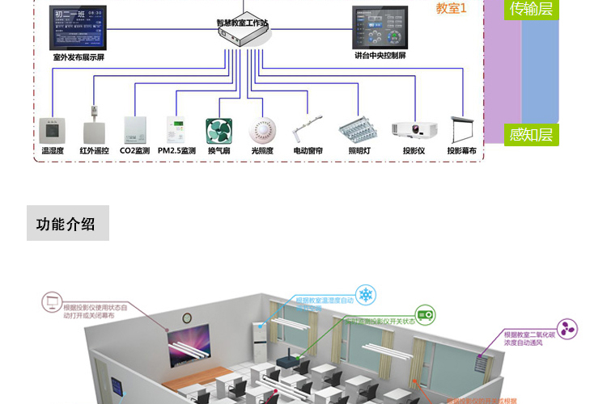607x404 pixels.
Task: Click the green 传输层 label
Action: coord(532,9)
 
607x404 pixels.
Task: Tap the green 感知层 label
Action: coord(532,134)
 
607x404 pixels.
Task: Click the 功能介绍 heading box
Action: coord(67,224)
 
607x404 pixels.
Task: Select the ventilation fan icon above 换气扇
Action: coord(219,131)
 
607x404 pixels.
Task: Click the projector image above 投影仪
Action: coord(414,130)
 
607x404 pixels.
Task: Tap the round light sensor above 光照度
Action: coord(261,130)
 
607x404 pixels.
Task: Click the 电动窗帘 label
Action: coord(308,151)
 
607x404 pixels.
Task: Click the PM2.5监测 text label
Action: coord(176,151)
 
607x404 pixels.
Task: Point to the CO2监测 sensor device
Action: coord(134,130)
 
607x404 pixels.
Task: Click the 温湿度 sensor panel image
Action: coord(52,131)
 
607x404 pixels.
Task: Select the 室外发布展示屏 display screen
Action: coord(78,28)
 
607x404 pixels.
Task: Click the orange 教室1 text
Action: coord(452,8)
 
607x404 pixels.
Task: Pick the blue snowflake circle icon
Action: coord(366,296)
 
